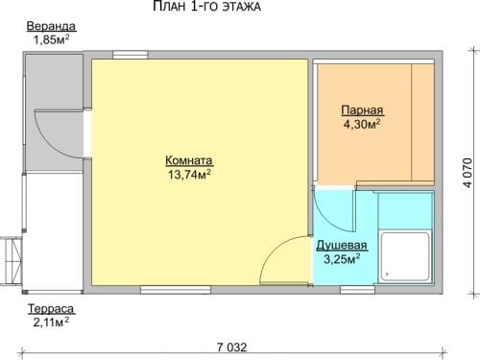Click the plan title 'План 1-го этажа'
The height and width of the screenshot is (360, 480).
tap(206, 7)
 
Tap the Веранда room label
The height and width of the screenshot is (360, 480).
tap(51, 26)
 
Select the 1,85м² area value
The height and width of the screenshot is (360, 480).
tap(52, 39)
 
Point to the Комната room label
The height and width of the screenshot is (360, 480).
tap(189, 160)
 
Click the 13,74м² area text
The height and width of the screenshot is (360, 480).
tap(189, 175)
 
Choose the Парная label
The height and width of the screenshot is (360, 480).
tap(362, 110)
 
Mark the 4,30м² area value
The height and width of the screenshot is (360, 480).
tap(362, 124)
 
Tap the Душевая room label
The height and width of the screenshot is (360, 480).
tap(342, 246)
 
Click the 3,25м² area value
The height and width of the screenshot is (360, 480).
tap(342, 259)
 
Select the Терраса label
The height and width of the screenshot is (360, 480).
tap(52, 309)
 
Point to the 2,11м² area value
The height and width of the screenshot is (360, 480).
tap(51, 323)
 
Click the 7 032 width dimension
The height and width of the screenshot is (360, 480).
tap(232, 348)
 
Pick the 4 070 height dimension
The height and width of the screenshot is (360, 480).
tap(468, 173)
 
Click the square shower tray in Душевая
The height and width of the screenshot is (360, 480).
tap(405, 256)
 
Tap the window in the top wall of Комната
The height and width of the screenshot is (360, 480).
tap(131, 55)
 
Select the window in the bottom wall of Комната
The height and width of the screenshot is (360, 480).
tap(176, 290)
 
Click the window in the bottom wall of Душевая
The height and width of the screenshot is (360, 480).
tap(357, 290)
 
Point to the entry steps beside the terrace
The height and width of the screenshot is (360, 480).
tap(11, 261)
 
